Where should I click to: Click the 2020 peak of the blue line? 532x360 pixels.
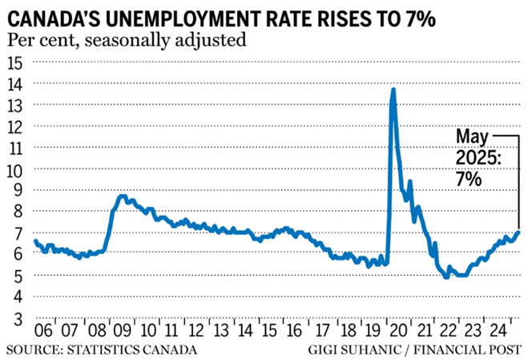pos(393,90)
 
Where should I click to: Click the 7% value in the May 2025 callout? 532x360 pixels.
pos(471,180)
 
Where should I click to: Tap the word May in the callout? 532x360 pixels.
pos(471,136)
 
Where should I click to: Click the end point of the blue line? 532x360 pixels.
pos(518,233)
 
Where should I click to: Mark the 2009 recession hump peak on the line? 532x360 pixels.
pos(121,196)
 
